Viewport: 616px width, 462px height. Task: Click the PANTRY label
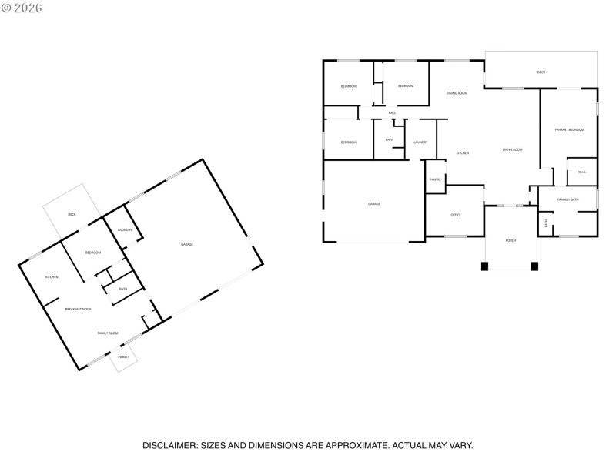tap(435, 179)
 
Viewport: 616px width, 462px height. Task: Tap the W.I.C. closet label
tap(582, 172)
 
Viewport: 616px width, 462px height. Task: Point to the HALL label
tap(392, 113)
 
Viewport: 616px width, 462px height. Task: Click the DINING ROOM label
tap(457, 93)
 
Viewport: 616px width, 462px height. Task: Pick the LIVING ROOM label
tap(512, 149)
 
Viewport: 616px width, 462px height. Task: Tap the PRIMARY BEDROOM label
tap(569, 129)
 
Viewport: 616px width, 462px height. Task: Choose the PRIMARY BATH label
tap(567, 199)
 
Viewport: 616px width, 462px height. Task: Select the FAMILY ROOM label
tap(107, 333)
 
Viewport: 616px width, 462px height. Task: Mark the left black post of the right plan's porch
tap(484, 266)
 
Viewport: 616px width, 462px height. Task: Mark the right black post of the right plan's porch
tap(534, 266)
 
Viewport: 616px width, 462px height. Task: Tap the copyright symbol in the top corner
tap(6, 8)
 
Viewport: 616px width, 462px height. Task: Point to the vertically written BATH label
tap(546, 224)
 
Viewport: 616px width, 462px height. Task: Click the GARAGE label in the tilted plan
tap(186, 244)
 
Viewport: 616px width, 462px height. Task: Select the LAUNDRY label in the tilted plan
tap(125, 229)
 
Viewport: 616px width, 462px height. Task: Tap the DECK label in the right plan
tap(541, 72)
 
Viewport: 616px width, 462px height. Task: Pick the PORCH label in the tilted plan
tap(123, 357)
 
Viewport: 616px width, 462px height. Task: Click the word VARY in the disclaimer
tap(460, 445)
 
